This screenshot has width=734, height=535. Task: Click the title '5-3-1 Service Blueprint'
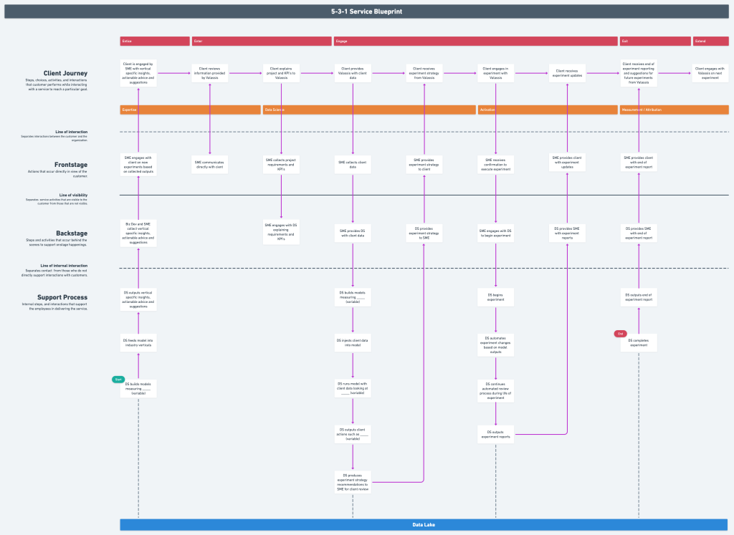pyautogui.click(x=366, y=12)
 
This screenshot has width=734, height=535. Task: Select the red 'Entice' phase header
pyautogui.click(x=154, y=41)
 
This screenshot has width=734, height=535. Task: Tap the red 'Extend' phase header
pyautogui.click(x=710, y=41)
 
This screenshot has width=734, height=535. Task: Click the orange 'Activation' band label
pyautogui.click(x=547, y=110)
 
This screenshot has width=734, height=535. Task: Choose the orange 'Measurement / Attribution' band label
pyautogui.click(x=674, y=110)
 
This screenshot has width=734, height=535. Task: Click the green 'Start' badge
pyautogui.click(x=118, y=379)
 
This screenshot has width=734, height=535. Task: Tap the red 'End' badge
pyautogui.click(x=620, y=333)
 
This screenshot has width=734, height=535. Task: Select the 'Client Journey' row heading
pyautogui.click(x=66, y=73)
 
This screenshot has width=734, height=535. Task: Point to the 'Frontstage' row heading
pyautogui.click(x=71, y=165)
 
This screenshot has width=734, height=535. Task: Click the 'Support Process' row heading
pyautogui.click(x=62, y=297)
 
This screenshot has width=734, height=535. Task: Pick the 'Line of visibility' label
pyautogui.click(x=74, y=195)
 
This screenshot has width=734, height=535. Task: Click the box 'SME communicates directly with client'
pyautogui.click(x=209, y=165)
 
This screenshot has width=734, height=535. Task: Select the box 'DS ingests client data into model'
pyautogui.click(x=353, y=342)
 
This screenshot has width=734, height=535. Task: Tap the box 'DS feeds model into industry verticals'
pyautogui.click(x=138, y=342)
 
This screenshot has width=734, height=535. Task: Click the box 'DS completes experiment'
pyautogui.click(x=639, y=342)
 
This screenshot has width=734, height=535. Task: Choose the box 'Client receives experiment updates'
pyautogui.click(x=568, y=72)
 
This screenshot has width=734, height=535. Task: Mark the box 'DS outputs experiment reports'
pyautogui.click(x=496, y=434)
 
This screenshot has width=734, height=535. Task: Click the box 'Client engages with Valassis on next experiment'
pyautogui.click(x=710, y=72)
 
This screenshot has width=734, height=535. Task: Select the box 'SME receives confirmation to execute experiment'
pyautogui.click(x=496, y=165)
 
